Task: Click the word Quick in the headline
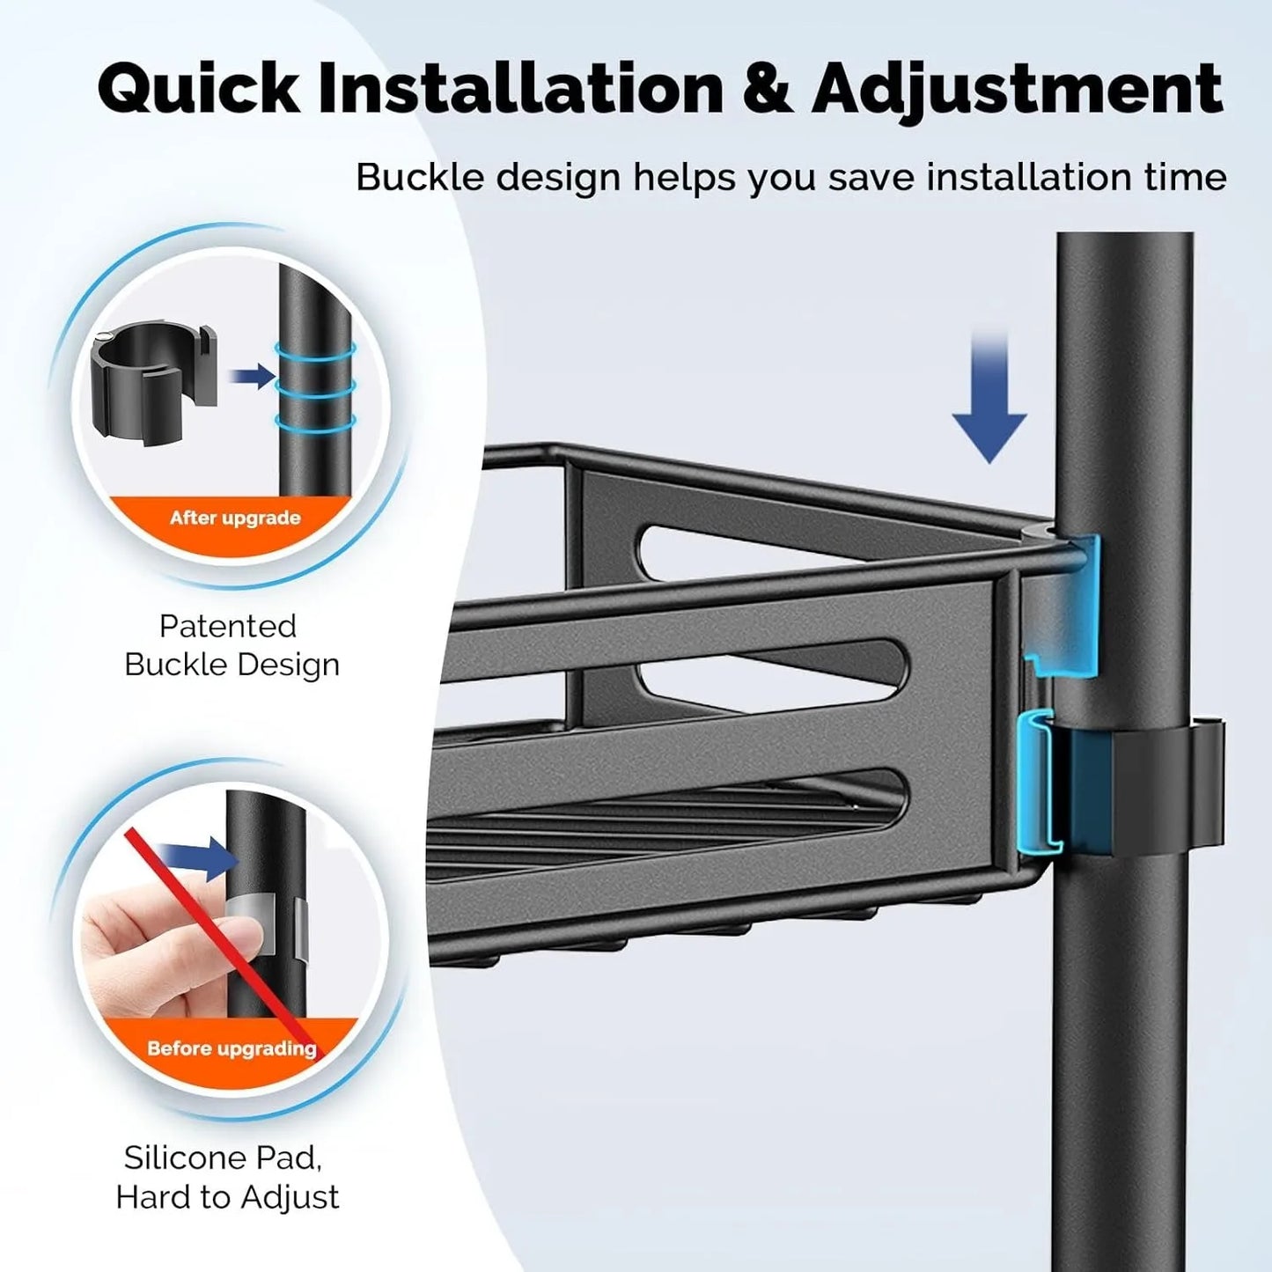199,90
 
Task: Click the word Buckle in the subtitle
420,178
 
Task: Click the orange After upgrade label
235,518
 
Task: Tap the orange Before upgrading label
232,1048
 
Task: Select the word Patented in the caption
228,626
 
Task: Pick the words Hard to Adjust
227,1197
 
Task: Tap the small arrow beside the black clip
251,377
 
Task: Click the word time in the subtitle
1183,178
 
